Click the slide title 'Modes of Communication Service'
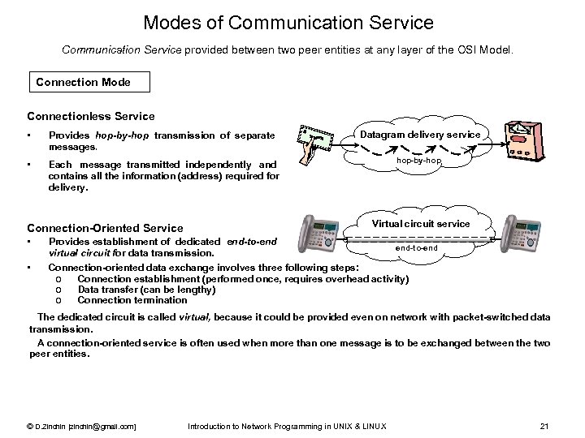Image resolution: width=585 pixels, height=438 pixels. click(x=288, y=22)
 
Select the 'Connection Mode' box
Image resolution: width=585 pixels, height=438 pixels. click(x=83, y=82)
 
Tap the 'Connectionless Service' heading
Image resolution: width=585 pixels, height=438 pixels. click(x=91, y=116)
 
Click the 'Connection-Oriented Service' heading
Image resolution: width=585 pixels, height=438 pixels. click(x=106, y=228)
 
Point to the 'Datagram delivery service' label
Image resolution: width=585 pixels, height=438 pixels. click(x=420, y=134)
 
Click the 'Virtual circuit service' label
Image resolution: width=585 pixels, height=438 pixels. click(x=421, y=223)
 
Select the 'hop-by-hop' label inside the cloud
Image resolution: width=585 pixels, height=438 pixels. click(x=419, y=161)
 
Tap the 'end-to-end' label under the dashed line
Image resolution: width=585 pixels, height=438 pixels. click(x=416, y=248)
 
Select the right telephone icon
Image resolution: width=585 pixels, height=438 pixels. click(x=521, y=234)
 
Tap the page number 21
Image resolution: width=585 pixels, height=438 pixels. click(x=545, y=427)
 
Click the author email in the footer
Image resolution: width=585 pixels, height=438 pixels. click(x=81, y=427)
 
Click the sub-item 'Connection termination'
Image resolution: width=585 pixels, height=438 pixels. click(x=132, y=300)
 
